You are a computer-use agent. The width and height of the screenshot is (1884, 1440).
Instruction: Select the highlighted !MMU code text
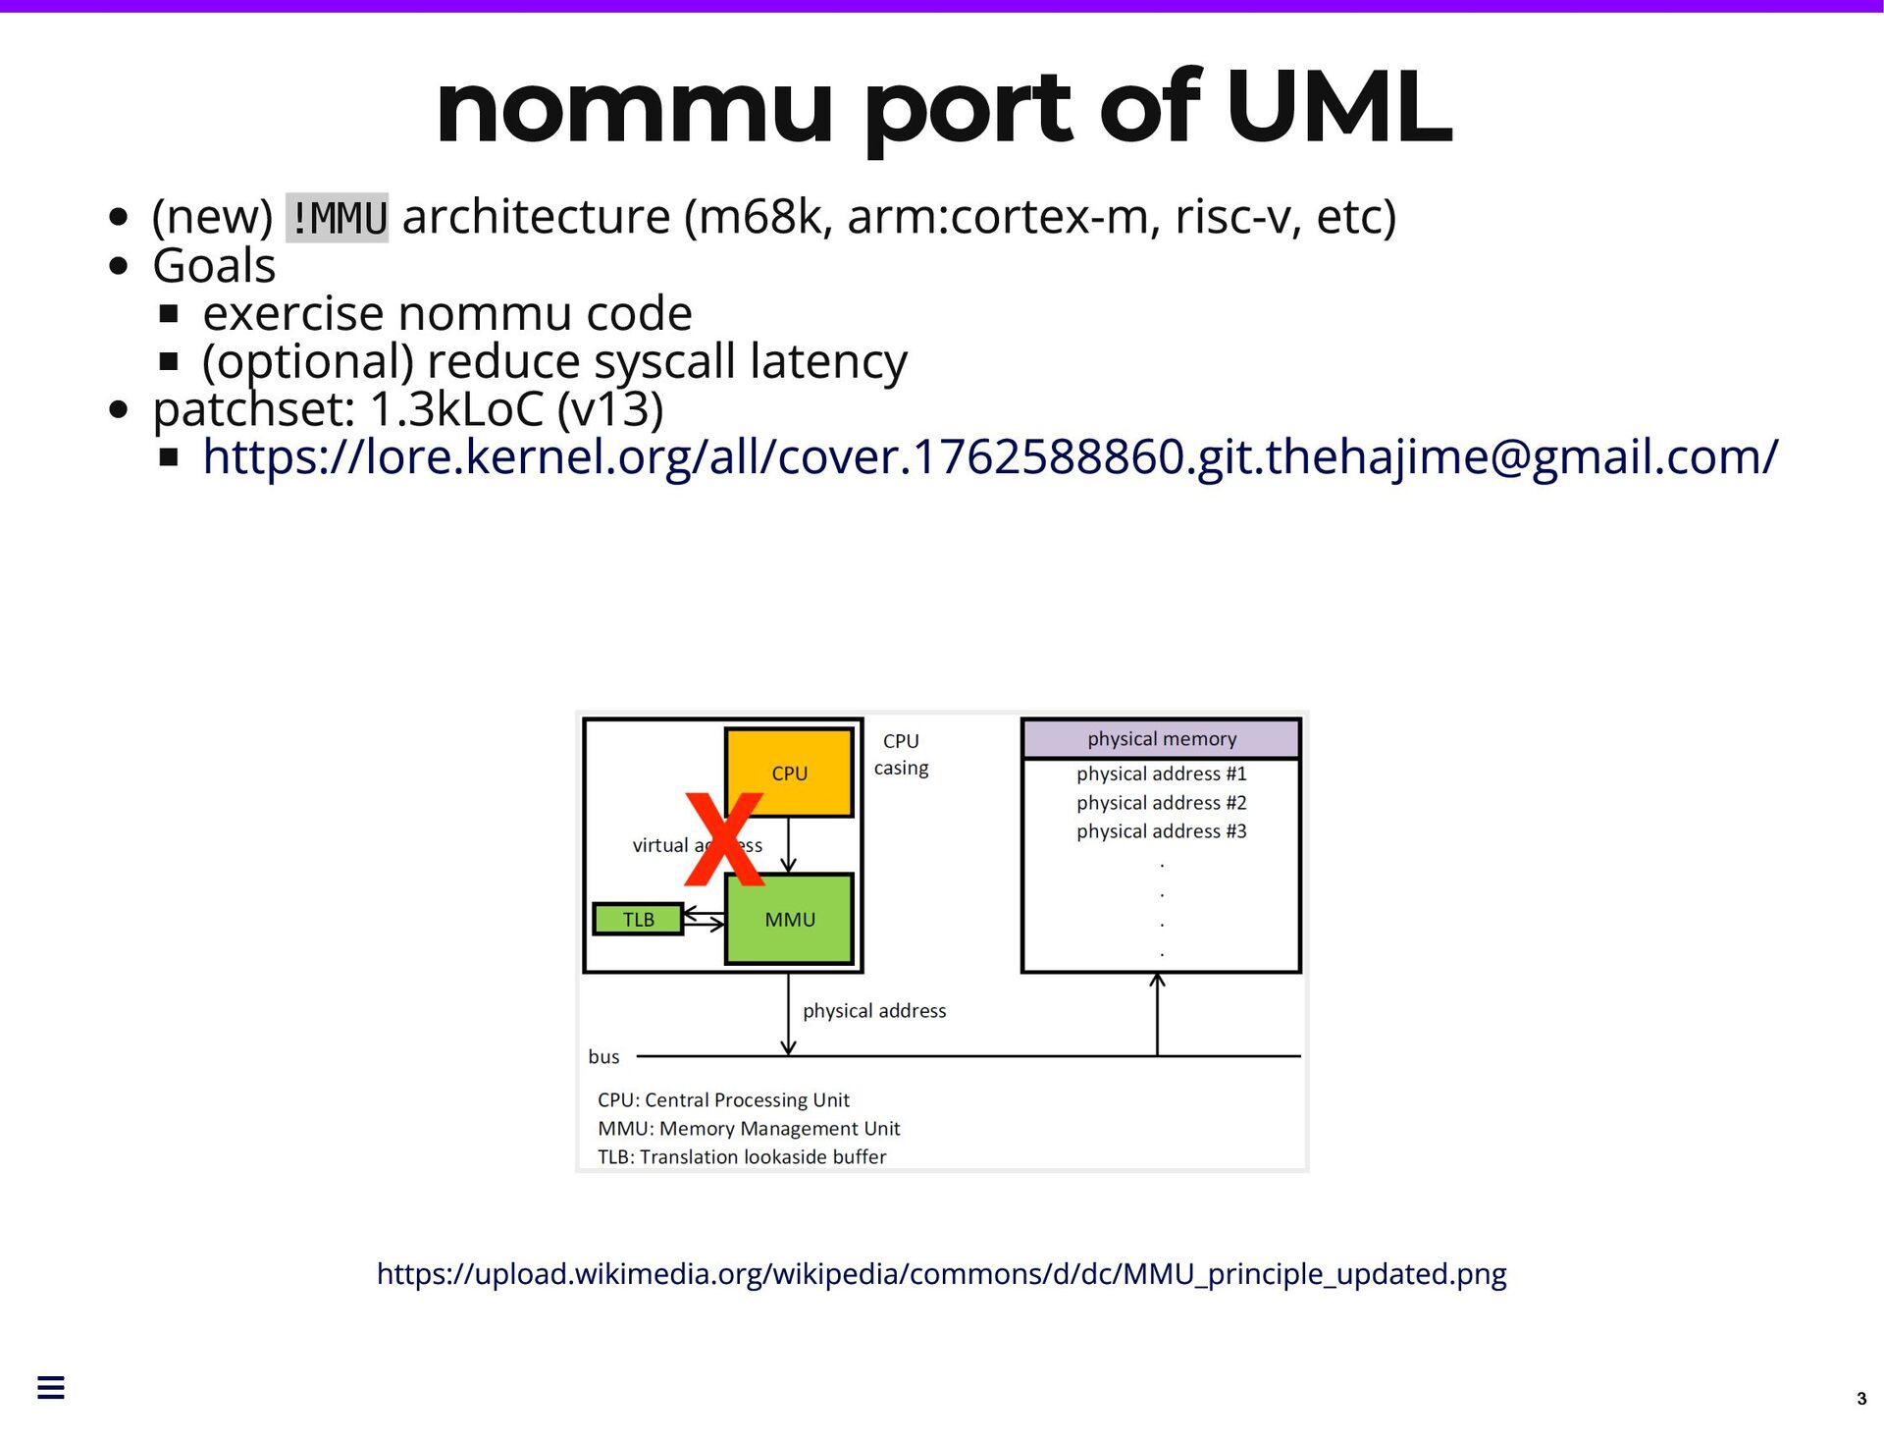click(337, 218)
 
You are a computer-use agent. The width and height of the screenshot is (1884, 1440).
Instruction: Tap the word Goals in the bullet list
click(214, 266)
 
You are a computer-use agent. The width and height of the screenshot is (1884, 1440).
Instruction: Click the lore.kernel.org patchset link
click(989, 457)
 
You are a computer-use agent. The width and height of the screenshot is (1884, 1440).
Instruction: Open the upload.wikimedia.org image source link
click(941, 1274)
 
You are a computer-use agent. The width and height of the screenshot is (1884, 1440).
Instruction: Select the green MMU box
click(790, 920)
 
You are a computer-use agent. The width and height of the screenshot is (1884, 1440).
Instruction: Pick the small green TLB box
click(638, 920)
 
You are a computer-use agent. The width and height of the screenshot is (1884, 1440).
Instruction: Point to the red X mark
click(724, 839)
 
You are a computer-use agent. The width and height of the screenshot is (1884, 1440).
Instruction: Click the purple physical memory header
click(1161, 739)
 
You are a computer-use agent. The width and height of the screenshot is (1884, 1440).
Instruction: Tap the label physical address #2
click(1161, 803)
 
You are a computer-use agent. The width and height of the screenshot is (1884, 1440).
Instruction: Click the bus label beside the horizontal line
click(603, 1057)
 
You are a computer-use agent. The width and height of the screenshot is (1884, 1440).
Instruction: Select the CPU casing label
click(901, 755)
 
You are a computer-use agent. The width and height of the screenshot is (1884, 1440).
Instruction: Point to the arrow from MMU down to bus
click(788, 1016)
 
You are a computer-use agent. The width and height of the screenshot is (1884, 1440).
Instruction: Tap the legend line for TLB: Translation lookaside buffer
click(742, 1157)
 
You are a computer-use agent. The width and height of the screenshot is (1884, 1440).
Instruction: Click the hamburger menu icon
click(51, 1387)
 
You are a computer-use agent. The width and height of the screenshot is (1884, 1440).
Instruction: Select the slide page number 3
click(1860, 1399)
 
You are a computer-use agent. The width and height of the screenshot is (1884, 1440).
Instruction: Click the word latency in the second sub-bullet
click(829, 362)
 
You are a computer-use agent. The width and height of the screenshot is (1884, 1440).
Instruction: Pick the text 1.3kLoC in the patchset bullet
click(456, 409)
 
